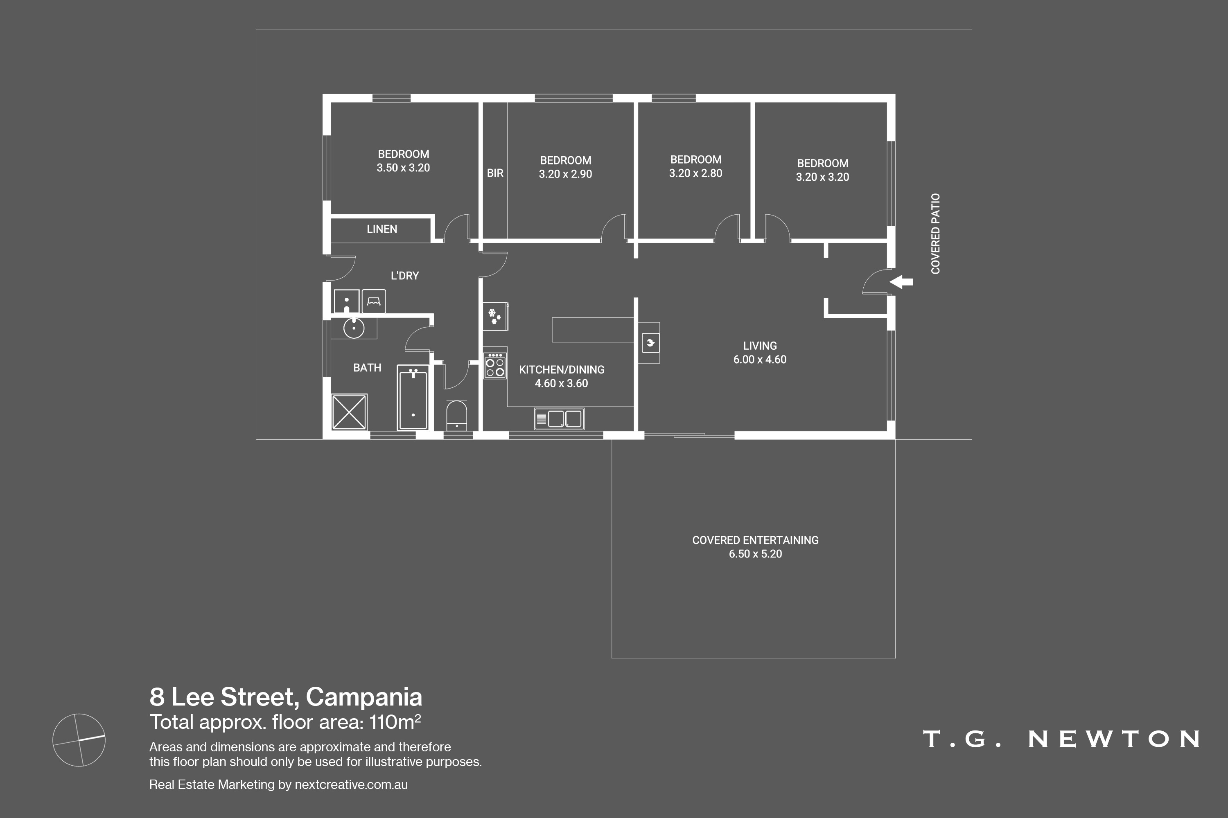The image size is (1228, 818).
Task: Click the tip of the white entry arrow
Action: tap(889, 282)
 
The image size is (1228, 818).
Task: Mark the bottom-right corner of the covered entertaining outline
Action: tap(896, 658)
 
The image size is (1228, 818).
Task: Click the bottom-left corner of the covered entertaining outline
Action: tap(612, 658)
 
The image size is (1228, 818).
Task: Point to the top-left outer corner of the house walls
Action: tap(323, 94)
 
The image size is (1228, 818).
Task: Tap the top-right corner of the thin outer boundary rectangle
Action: tap(972, 29)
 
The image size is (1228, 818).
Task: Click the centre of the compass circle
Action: tap(79, 740)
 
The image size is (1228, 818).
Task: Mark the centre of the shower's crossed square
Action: tap(349, 412)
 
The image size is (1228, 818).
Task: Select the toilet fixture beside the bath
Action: tap(457, 415)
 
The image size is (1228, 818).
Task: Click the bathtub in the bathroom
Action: tap(413, 398)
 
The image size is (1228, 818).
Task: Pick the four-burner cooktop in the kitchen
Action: tap(495, 365)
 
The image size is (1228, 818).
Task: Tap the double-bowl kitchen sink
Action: tap(559, 418)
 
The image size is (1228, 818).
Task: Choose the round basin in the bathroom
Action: tap(354, 328)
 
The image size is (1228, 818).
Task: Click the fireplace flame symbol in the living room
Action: tap(650, 343)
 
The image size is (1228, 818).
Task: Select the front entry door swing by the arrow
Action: tap(876, 282)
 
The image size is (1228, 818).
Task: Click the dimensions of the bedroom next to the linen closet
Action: tap(403, 168)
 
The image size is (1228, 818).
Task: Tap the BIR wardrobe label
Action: tap(495, 173)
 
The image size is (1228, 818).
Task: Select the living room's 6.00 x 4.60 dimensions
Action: tap(760, 360)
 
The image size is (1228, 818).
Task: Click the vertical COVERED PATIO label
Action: tap(935, 234)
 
